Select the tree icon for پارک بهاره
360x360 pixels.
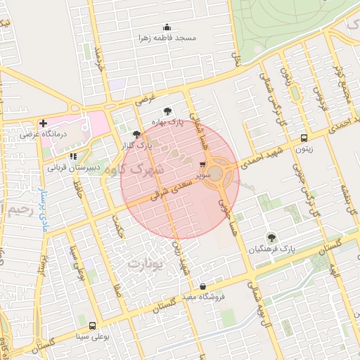pos(167,111)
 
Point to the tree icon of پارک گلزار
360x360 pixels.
pos(136,134)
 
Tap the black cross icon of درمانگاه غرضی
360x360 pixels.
pos(44,123)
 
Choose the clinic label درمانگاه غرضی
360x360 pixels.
pos(42,133)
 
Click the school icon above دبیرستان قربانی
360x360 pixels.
pos(72,157)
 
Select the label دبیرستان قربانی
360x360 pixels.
pos(74,167)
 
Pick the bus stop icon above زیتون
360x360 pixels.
pos(304,138)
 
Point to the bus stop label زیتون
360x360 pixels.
pos(304,148)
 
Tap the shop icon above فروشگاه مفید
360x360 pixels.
pos(203,286)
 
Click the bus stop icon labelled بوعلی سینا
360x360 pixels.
pos(93,326)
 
